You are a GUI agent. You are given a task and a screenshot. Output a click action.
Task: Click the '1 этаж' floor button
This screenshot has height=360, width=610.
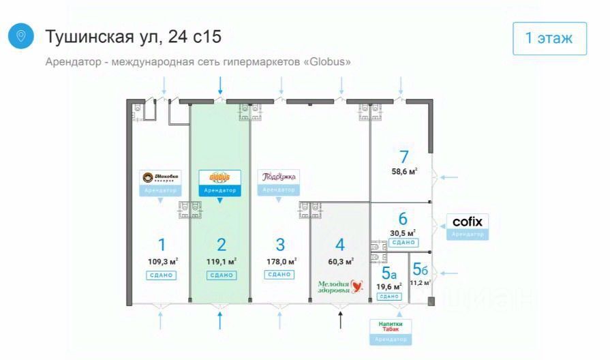[x=549, y=38]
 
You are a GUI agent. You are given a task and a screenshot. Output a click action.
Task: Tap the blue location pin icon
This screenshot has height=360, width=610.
[x=20, y=36]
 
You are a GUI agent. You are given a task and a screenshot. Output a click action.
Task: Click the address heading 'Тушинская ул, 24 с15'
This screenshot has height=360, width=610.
[x=133, y=36]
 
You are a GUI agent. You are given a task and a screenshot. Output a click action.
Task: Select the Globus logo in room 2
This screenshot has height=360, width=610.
[x=219, y=177]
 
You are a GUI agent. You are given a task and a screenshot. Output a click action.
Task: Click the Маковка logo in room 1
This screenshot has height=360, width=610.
[x=161, y=178]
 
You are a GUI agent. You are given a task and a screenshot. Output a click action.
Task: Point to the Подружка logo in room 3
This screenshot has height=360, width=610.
[x=278, y=177]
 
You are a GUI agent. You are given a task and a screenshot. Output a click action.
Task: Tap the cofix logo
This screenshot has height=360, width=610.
[x=467, y=222]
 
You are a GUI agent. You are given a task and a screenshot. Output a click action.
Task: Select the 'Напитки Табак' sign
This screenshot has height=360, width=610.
[x=390, y=327]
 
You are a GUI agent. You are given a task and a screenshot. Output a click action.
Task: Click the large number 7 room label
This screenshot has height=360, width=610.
[x=403, y=156]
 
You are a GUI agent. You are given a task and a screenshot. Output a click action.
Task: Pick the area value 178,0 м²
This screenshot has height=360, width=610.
[x=280, y=261]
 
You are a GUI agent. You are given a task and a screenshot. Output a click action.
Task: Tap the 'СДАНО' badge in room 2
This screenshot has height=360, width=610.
[x=221, y=275]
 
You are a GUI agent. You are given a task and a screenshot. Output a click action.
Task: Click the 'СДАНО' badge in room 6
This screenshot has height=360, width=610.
[x=403, y=242]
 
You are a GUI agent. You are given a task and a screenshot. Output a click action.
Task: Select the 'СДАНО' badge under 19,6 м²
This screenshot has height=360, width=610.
[x=389, y=297]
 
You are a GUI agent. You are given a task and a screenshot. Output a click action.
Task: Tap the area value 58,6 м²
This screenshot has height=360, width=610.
[x=403, y=172]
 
